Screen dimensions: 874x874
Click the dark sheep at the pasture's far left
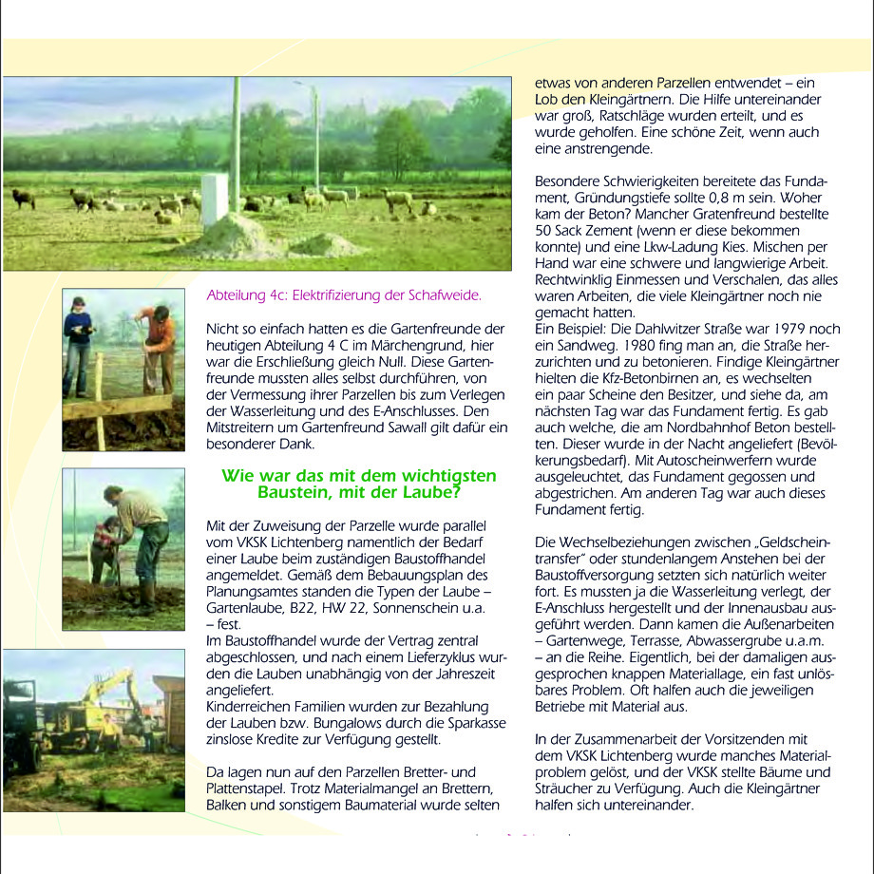pos(23,198)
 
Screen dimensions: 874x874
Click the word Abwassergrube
pos(749,640)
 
